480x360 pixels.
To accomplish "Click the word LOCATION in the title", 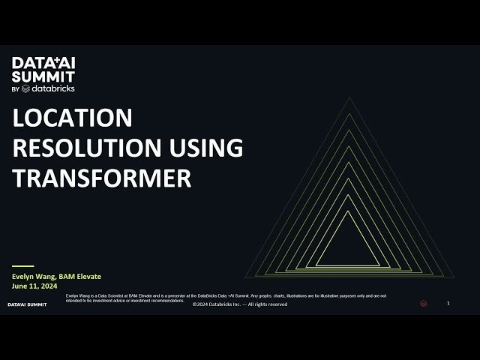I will (73, 118).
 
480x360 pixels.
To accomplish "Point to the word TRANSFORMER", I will (103, 178).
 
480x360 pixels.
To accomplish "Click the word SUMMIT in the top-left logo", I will (43, 76).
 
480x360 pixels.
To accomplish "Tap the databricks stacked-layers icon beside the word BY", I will (25, 88).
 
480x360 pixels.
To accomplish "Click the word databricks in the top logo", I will (52, 88).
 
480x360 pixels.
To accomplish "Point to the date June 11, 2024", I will (34, 286).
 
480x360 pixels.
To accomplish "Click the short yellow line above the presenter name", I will (23, 265).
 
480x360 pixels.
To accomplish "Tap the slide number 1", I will (448, 303).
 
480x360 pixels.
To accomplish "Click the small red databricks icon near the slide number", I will (424, 304).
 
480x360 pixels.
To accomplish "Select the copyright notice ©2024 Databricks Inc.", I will (240, 304).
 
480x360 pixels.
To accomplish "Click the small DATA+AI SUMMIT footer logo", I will (27, 304).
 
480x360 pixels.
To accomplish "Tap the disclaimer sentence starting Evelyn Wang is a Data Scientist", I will (225, 296).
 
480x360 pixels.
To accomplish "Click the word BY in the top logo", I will (15, 89).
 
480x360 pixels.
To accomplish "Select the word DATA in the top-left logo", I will (27, 63).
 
